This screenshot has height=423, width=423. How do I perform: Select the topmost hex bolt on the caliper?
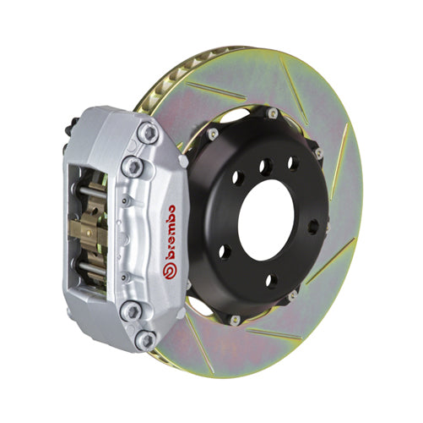pos(149,133)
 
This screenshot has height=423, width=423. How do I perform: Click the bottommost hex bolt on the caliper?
pos(144,339)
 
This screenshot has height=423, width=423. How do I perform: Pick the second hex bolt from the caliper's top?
pos(132,165)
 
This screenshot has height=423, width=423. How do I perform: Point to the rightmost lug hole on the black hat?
pos(313,226)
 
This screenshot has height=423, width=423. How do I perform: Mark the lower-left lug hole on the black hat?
pos(225,251)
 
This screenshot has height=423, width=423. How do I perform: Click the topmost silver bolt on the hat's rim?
pos(273,113)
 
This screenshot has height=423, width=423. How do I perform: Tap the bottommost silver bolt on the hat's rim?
pos(235,319)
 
